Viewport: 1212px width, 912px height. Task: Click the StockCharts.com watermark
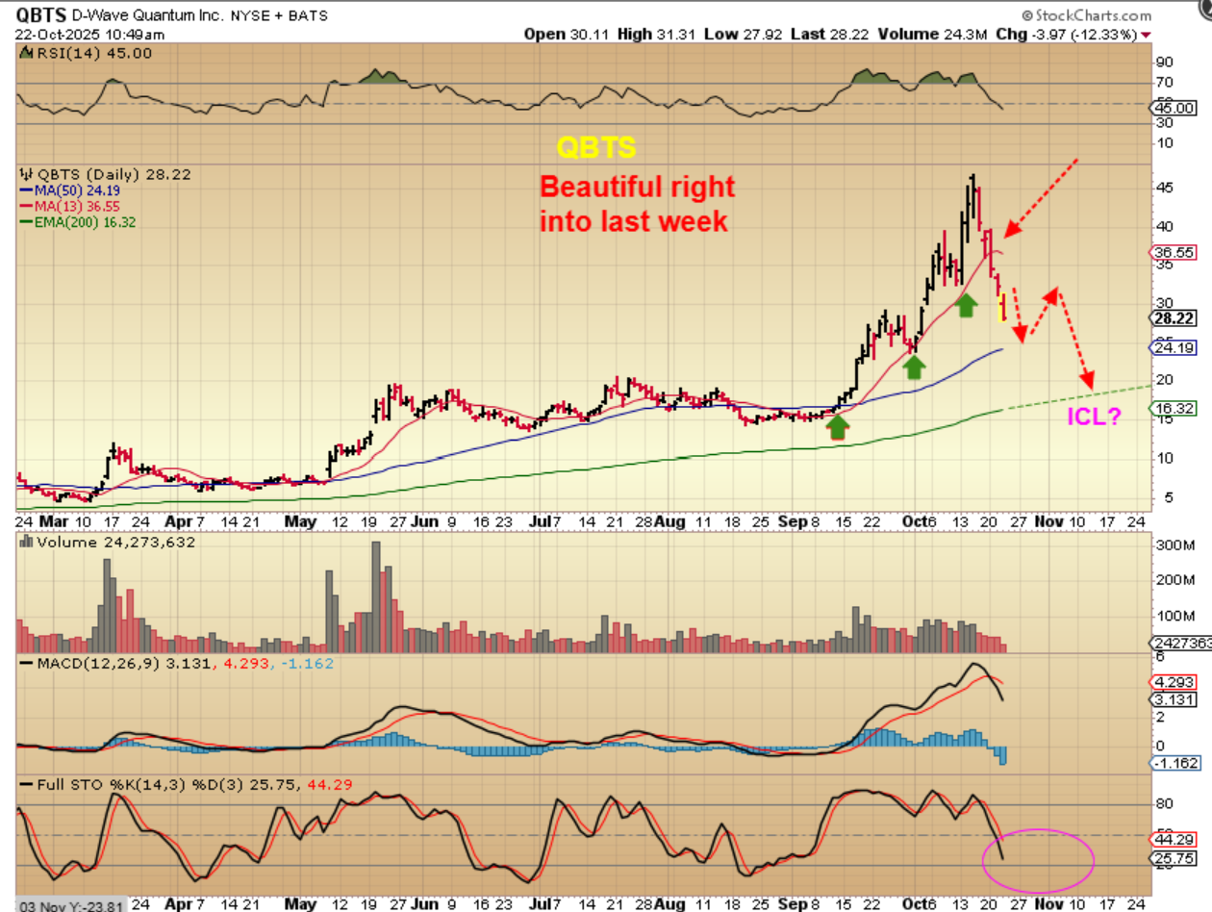1086,15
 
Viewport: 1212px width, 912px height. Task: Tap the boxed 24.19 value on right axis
1180,347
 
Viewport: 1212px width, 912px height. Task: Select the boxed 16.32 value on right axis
1180,409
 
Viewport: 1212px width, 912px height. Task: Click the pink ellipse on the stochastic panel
1038,858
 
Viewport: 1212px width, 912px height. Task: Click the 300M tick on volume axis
1174,545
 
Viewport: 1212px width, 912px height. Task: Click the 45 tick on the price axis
1166,187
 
